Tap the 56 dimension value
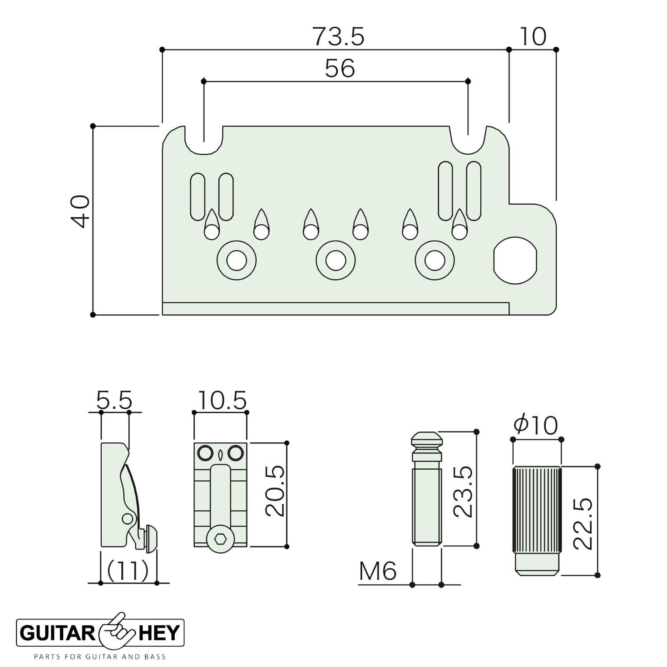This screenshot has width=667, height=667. coord(340,68)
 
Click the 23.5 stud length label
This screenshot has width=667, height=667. coord(463,491)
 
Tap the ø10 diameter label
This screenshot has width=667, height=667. coord(536,426)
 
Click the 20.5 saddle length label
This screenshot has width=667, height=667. coord(275,491)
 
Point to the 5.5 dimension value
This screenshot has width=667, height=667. coord(114,400)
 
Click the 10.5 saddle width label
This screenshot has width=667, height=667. coord(222,400)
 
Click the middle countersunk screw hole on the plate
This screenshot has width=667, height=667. coord(336,261)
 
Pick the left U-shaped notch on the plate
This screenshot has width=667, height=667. coord(204,142)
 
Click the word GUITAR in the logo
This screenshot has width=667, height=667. coord(57,633)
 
